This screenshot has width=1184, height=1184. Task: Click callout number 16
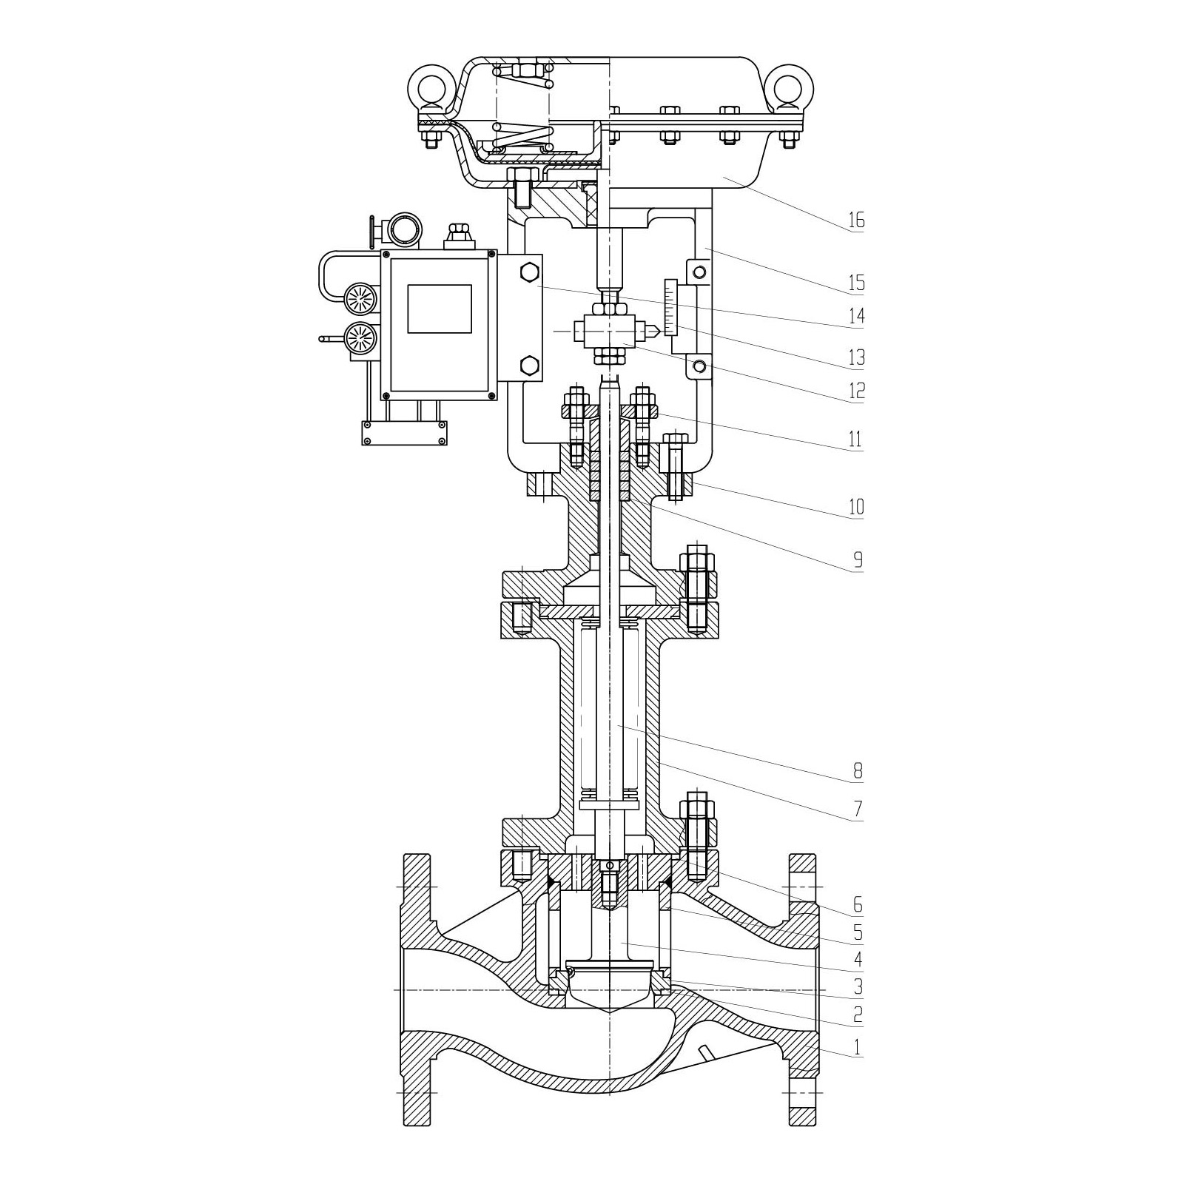click(856, 220)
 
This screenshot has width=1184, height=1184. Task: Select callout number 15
click(856, 283)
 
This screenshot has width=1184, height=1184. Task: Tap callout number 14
click(856, 316)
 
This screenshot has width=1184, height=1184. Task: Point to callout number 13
click(856, 358)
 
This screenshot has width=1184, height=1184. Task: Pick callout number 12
click(856, 391)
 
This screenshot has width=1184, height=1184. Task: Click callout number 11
click(855, 440)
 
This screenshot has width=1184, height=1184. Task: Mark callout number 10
click(856, 507)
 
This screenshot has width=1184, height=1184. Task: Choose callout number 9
click(858, 560)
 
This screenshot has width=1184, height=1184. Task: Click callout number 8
click(858, 772)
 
